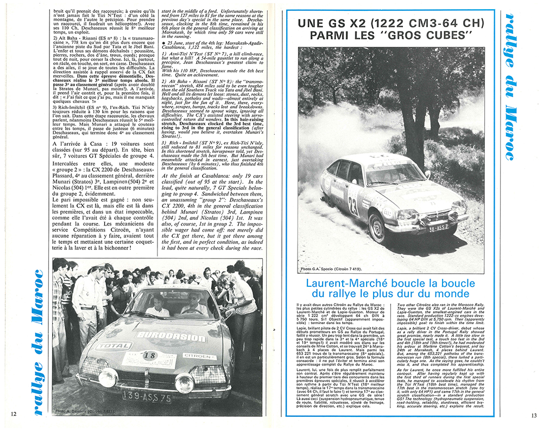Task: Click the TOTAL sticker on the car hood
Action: coord(115,345)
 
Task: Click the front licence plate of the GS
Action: coord(438,228)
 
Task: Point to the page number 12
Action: coord(14,415)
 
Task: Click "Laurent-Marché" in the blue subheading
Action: coord(345,283)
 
